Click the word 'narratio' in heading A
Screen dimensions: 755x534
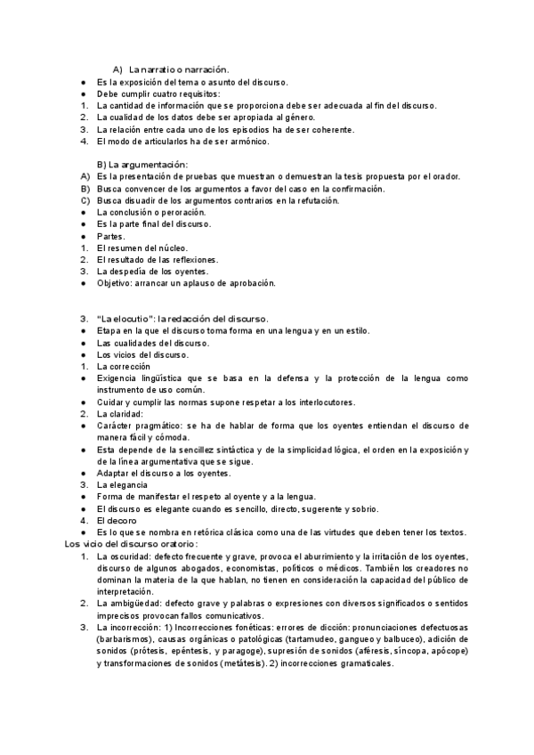(x=160, y=69)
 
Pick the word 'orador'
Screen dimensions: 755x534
(x=442, y=177)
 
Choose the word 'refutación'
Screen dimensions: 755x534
(x=312, y=201)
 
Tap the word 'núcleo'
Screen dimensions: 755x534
(x=170, y=248)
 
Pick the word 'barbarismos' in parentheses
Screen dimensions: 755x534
(x=125, y=639)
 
